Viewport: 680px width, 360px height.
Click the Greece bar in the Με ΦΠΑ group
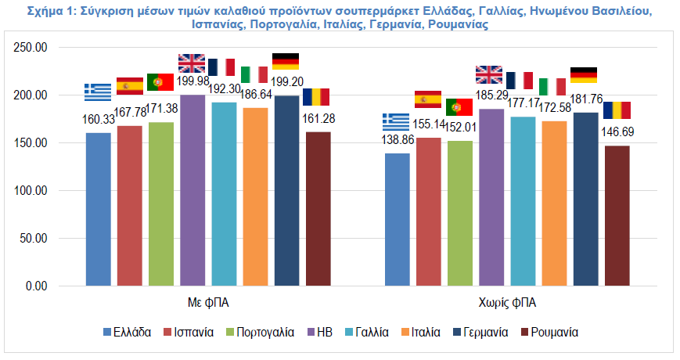pos(99,210)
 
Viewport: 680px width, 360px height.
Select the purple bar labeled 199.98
pos(192,190)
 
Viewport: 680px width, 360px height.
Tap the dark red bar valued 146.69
pos(617,216)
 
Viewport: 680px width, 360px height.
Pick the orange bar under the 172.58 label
pos(554,203)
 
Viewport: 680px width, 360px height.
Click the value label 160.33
pos(99,120)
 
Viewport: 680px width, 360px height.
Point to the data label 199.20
pos(286,81)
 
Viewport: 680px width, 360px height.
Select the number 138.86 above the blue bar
pos(398,139)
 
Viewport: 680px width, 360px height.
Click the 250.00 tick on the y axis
pos(31,47)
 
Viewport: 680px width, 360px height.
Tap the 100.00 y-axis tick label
pos(31,190)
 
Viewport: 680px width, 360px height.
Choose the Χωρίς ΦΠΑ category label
pos(507,302)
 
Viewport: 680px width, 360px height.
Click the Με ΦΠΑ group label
pos(208,302)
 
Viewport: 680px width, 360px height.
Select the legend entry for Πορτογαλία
pos(261,333)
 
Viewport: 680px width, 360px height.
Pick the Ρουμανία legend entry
pos(549,333)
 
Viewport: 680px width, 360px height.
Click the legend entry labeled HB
pos(320,333)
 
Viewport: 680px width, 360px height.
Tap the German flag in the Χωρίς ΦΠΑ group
pos(584,75)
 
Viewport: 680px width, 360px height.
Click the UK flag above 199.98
pos(192,63)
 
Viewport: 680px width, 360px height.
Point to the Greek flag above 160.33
pos(98,92)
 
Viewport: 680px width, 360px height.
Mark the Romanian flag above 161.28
pos(316,97)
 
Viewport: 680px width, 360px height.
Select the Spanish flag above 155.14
pos(428,99)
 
